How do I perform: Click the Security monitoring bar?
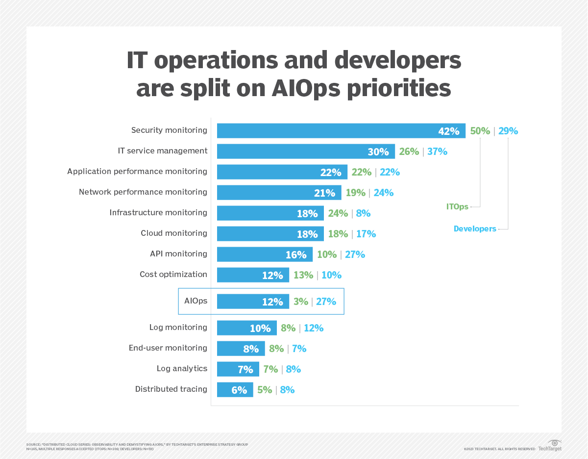341,131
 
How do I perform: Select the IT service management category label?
162,151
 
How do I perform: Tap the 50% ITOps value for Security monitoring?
480,131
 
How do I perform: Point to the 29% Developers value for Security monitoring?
508,131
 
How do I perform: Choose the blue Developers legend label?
475,229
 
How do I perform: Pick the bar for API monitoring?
265,255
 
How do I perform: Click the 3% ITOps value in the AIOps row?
300,302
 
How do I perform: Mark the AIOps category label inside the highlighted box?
196,301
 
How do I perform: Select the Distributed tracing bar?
235,390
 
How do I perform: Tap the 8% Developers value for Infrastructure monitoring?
363,213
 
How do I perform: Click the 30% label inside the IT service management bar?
378,152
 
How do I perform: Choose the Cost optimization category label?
173,275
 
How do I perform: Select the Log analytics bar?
238,369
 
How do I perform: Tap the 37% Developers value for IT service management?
437,152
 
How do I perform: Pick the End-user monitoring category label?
168,348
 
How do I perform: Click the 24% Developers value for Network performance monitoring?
383,193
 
